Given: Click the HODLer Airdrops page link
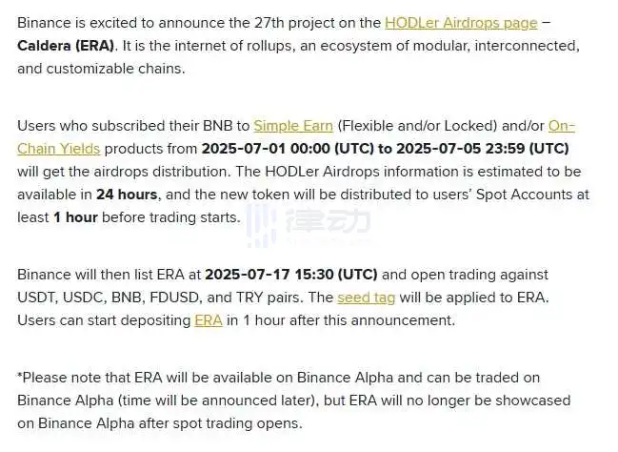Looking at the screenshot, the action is (x=461, y=23).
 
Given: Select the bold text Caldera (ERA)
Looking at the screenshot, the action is (x=66, y=46).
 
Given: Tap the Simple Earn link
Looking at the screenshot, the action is (x=293, y=126).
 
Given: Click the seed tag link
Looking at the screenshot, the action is (x=367, y=298).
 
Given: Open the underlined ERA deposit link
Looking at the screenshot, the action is (x=209, y=320).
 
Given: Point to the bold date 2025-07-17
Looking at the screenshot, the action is (x=248, y=275).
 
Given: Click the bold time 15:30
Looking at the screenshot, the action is (x=313, y=275).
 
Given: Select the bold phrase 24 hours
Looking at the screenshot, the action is (x=127, y=195).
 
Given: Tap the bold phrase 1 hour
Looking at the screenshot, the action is (x=75, y=217).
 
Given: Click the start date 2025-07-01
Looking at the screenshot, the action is (x=244, y=149).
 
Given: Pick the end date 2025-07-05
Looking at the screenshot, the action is (x=439, y=149).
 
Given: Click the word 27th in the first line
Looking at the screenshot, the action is (x=269, y=23).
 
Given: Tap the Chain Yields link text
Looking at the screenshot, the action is (x=59, y=149).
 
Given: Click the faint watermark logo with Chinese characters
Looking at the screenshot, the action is (x=309, y=224).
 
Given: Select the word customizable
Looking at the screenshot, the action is (x=90, y=69).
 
